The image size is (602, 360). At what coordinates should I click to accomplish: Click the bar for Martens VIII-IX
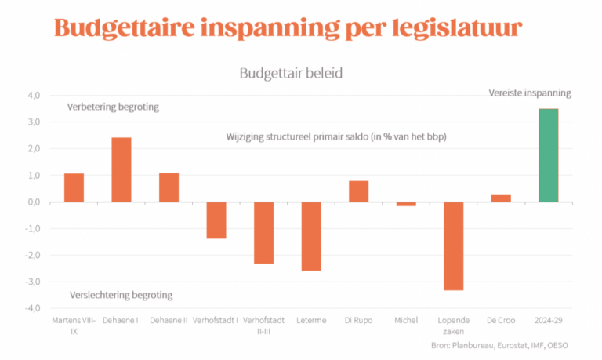74,187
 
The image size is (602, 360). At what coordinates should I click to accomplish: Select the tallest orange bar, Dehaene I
121,169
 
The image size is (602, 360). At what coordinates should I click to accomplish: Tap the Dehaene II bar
169,187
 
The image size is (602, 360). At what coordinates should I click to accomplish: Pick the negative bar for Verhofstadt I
216,220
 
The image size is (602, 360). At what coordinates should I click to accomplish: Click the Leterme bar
311,236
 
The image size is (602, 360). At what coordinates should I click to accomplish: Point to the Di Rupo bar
358,191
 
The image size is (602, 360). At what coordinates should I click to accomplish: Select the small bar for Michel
406,204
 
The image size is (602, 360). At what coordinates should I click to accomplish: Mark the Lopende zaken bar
453,246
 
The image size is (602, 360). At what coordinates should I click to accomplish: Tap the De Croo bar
501,198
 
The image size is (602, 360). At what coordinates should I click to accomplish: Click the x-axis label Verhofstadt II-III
264,325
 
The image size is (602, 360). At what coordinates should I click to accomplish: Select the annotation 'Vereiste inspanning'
530,93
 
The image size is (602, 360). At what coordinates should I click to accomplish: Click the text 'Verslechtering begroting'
121,295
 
